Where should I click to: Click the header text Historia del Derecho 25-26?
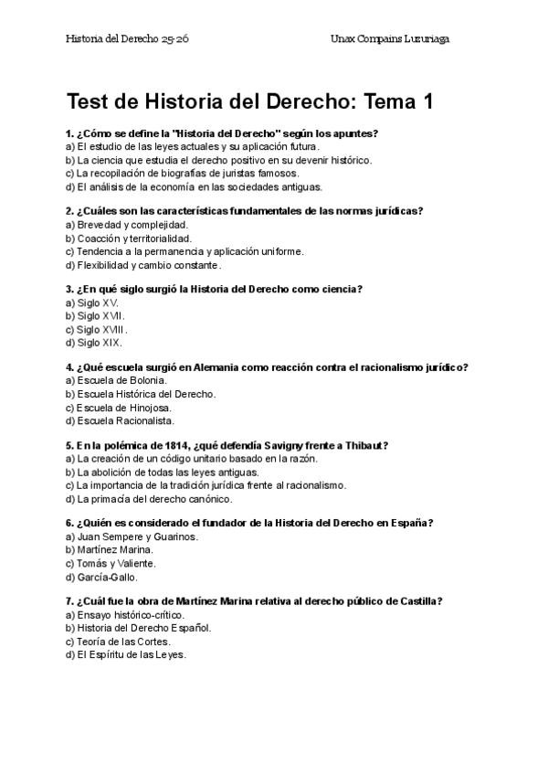(x=127, y=39)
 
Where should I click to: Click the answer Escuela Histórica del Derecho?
(x=146, y=394)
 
